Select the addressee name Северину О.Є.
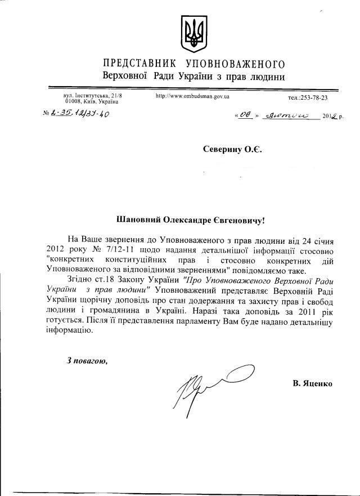[233, 149]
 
